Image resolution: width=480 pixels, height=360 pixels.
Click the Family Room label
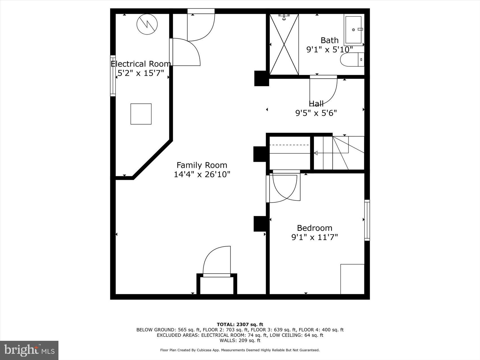coord(202,165)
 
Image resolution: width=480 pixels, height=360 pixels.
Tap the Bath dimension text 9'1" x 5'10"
coord(330,50)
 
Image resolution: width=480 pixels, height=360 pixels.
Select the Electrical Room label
coord(141,64)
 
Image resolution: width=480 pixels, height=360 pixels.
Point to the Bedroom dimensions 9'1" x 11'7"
coord(315,237)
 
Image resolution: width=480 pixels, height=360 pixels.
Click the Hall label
coord(316,104)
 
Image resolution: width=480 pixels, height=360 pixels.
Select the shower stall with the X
coord(284,44)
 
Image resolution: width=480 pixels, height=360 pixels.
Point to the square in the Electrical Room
coord(141,114)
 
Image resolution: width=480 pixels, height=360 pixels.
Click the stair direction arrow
coord(316,153)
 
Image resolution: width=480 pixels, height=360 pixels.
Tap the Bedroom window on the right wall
coord(367,220)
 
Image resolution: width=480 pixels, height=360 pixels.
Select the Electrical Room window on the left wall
coord(113,76)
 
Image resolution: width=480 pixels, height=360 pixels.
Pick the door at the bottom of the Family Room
coord(217,261)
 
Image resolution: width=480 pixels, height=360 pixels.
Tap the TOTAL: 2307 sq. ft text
coord(240,324)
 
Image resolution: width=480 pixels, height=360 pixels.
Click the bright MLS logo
coord(29,350)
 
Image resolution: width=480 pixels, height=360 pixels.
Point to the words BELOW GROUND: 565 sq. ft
coord(169,330)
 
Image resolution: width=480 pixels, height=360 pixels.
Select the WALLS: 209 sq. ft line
coord(240,341)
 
